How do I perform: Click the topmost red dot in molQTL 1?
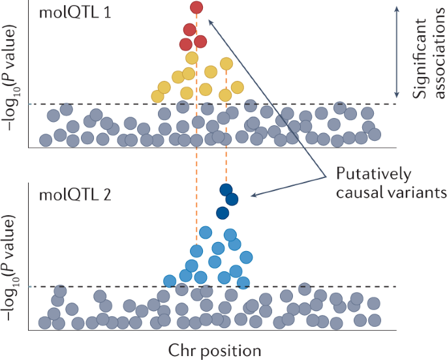coord(196,8)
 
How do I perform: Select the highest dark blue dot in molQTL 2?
coord(226,189)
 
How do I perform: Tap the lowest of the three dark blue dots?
coord(223,212)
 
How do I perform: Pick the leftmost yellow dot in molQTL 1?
coord(157,96)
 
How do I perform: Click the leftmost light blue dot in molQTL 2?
coord(170,281)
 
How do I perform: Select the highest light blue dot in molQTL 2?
coord(206,232)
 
